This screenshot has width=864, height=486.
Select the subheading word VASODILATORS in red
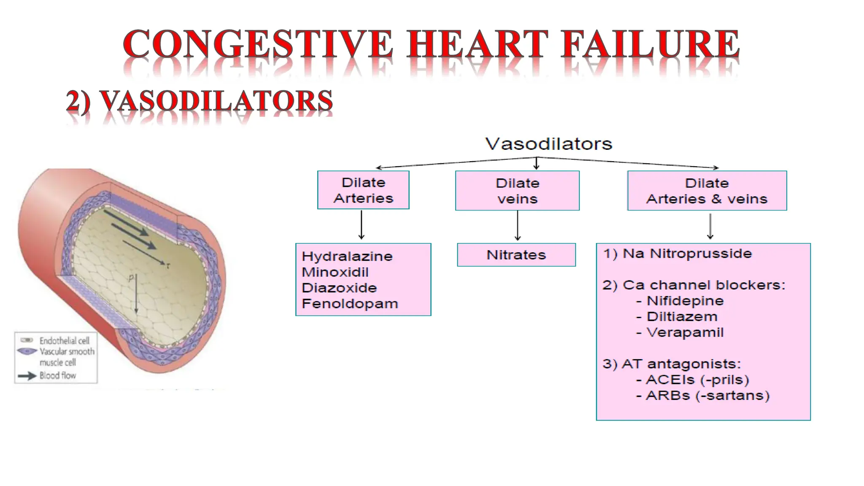click(x=216, y=102)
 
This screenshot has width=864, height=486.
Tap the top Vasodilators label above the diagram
click(x=548, y=144)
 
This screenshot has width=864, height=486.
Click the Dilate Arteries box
click(x=363, y=190)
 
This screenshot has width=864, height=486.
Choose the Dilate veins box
click(x=517, y=191)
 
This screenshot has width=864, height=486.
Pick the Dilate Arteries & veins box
click(x=707, y=191)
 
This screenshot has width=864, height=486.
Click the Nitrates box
click(x=516, y=255)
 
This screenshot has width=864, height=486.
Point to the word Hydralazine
click(x=347, y=256)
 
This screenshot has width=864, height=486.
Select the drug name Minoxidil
click(x=335, y=272)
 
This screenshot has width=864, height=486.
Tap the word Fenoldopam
click(x=350, y=304)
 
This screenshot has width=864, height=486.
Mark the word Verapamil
click(x=685, y=332)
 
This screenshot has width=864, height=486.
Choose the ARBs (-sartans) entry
click(x=707, y=396)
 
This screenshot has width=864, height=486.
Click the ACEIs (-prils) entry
click(x=697, y=380)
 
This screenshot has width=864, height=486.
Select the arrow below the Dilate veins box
click(x=518, y=226)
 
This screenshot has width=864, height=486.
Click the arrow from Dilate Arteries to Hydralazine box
click(x=361, y=225)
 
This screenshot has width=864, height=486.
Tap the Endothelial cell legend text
click(x=64, y=340)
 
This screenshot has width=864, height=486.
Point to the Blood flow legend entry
click(x=57, y=375)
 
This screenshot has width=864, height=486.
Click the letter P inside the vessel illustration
click(x=131, y=278)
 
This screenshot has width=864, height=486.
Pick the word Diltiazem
click(x=682, y=317)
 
